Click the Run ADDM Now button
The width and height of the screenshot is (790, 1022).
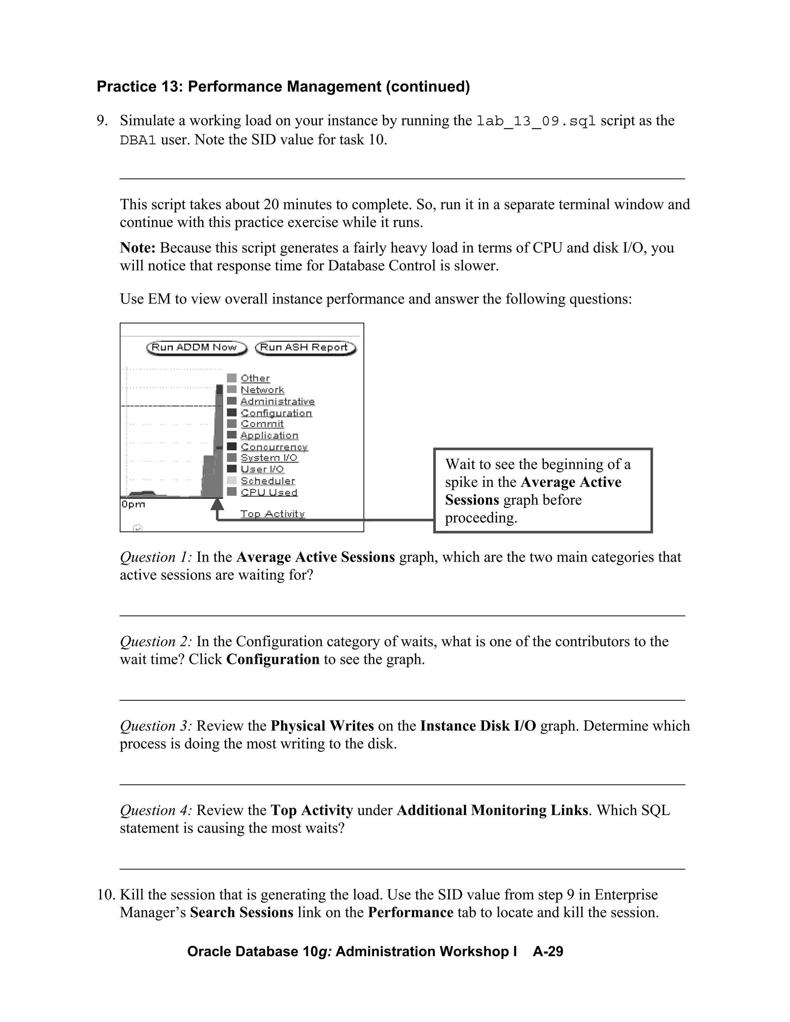pos(196,348)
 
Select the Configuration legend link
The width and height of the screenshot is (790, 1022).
pos(276,413)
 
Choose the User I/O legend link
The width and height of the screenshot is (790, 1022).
pos(262,469)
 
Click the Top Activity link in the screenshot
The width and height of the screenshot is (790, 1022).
pos(272,514)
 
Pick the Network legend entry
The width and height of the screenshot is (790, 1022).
pos(262,390)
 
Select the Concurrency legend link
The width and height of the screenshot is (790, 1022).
pos(274,447)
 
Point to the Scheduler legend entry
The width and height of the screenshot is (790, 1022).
pos(268,481)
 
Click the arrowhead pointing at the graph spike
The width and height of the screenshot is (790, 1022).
pos(217,504)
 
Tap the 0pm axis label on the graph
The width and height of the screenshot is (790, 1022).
pos(133,504)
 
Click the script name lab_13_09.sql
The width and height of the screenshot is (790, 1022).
pos(536,121)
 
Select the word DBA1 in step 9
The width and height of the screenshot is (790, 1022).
pos(138,140)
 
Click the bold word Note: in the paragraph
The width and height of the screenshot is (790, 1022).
pos(138,248)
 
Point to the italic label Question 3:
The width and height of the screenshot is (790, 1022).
pos(156,726)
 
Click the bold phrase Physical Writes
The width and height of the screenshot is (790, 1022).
pos(322,726)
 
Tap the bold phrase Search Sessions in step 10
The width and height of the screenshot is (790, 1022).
pos(241,912)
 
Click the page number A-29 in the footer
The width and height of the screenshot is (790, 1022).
pos(548,952)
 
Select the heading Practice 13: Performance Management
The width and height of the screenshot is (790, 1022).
pos(283,86)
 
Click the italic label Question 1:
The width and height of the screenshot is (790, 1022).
pos(156,557)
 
